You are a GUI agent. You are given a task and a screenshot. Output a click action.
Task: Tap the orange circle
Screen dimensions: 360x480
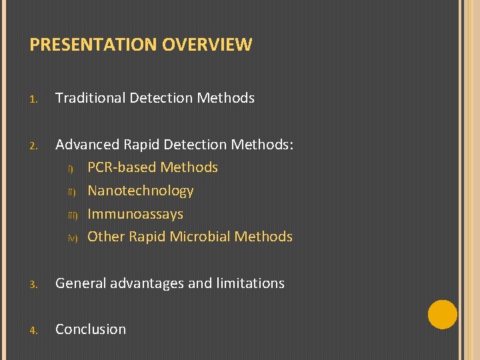click(442, 314)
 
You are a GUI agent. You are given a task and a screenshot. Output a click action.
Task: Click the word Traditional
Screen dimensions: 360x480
click(90, 98)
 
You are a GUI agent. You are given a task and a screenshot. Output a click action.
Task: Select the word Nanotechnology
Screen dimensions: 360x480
click(140, 191)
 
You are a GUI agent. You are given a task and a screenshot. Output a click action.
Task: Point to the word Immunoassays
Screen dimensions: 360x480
click(135, 214)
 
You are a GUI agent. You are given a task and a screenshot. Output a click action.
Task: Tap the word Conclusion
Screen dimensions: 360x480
click(91, 329)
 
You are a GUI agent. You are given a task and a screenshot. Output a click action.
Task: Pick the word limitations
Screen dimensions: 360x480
click(250, 283)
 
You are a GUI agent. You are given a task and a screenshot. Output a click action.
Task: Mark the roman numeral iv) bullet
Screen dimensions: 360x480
click(73, 238)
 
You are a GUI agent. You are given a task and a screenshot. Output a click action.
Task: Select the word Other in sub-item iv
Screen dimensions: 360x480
click(106, 237)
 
